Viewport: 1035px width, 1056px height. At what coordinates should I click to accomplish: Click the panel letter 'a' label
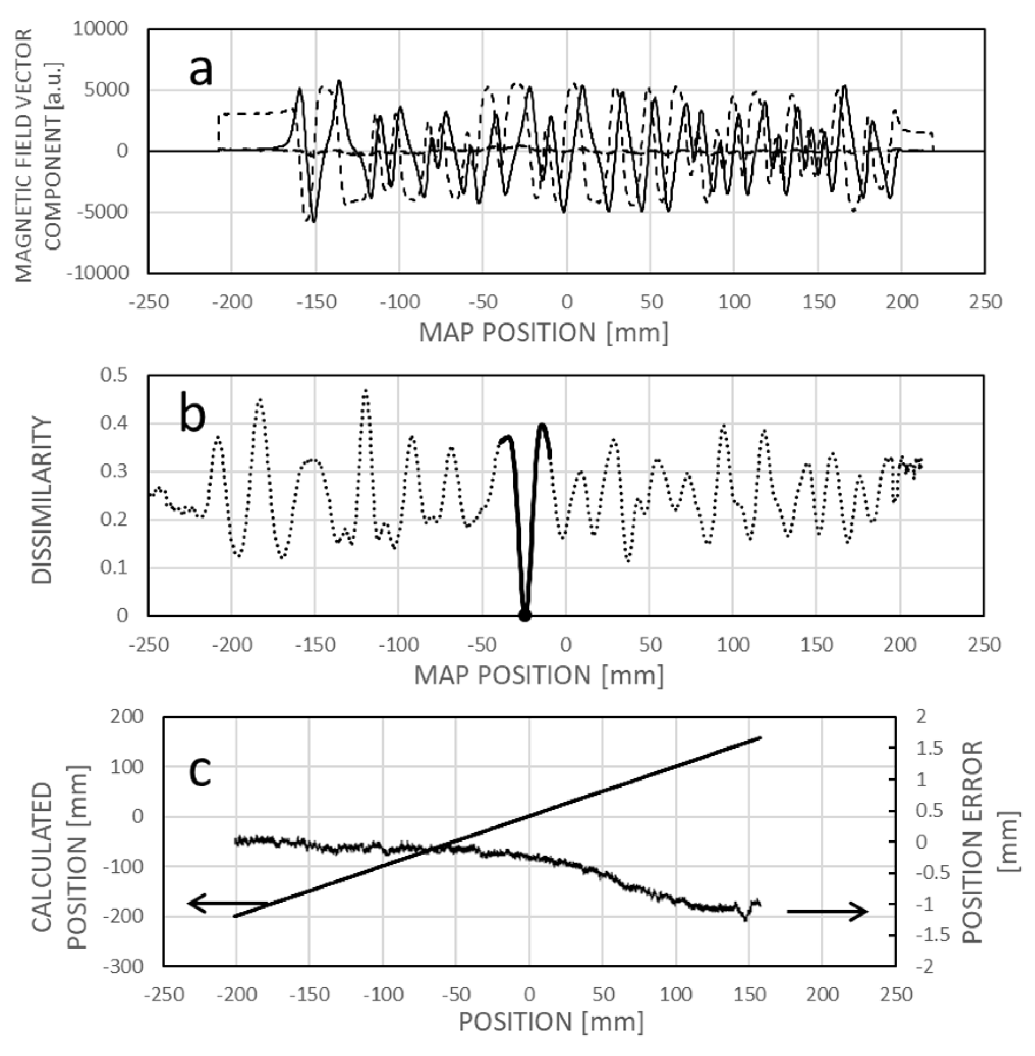tap(200, 71)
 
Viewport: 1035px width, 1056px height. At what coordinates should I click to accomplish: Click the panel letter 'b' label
tap(192, 415)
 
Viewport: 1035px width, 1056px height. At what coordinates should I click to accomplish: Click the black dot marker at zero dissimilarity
tap(525, 615)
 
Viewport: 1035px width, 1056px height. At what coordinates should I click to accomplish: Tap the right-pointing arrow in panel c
tap(828, 911)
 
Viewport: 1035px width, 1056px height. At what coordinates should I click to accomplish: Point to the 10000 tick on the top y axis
tap(100, 28)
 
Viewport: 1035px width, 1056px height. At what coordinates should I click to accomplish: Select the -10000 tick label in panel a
tap(97, 272)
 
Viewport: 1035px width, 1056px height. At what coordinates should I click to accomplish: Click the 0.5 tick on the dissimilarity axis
tap(113, 375)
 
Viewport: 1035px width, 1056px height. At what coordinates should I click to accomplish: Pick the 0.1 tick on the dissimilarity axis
tap(113, 567)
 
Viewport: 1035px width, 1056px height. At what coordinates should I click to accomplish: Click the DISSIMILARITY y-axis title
tap(42, 500)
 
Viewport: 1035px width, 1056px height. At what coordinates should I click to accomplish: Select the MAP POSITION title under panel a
tap(543, 332)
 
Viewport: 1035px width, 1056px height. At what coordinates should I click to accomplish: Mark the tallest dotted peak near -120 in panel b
tap(366, 390)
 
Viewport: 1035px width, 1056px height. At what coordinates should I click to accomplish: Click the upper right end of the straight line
tap(760, 737)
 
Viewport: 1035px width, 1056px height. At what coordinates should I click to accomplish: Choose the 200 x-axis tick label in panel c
tap(823, 994)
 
